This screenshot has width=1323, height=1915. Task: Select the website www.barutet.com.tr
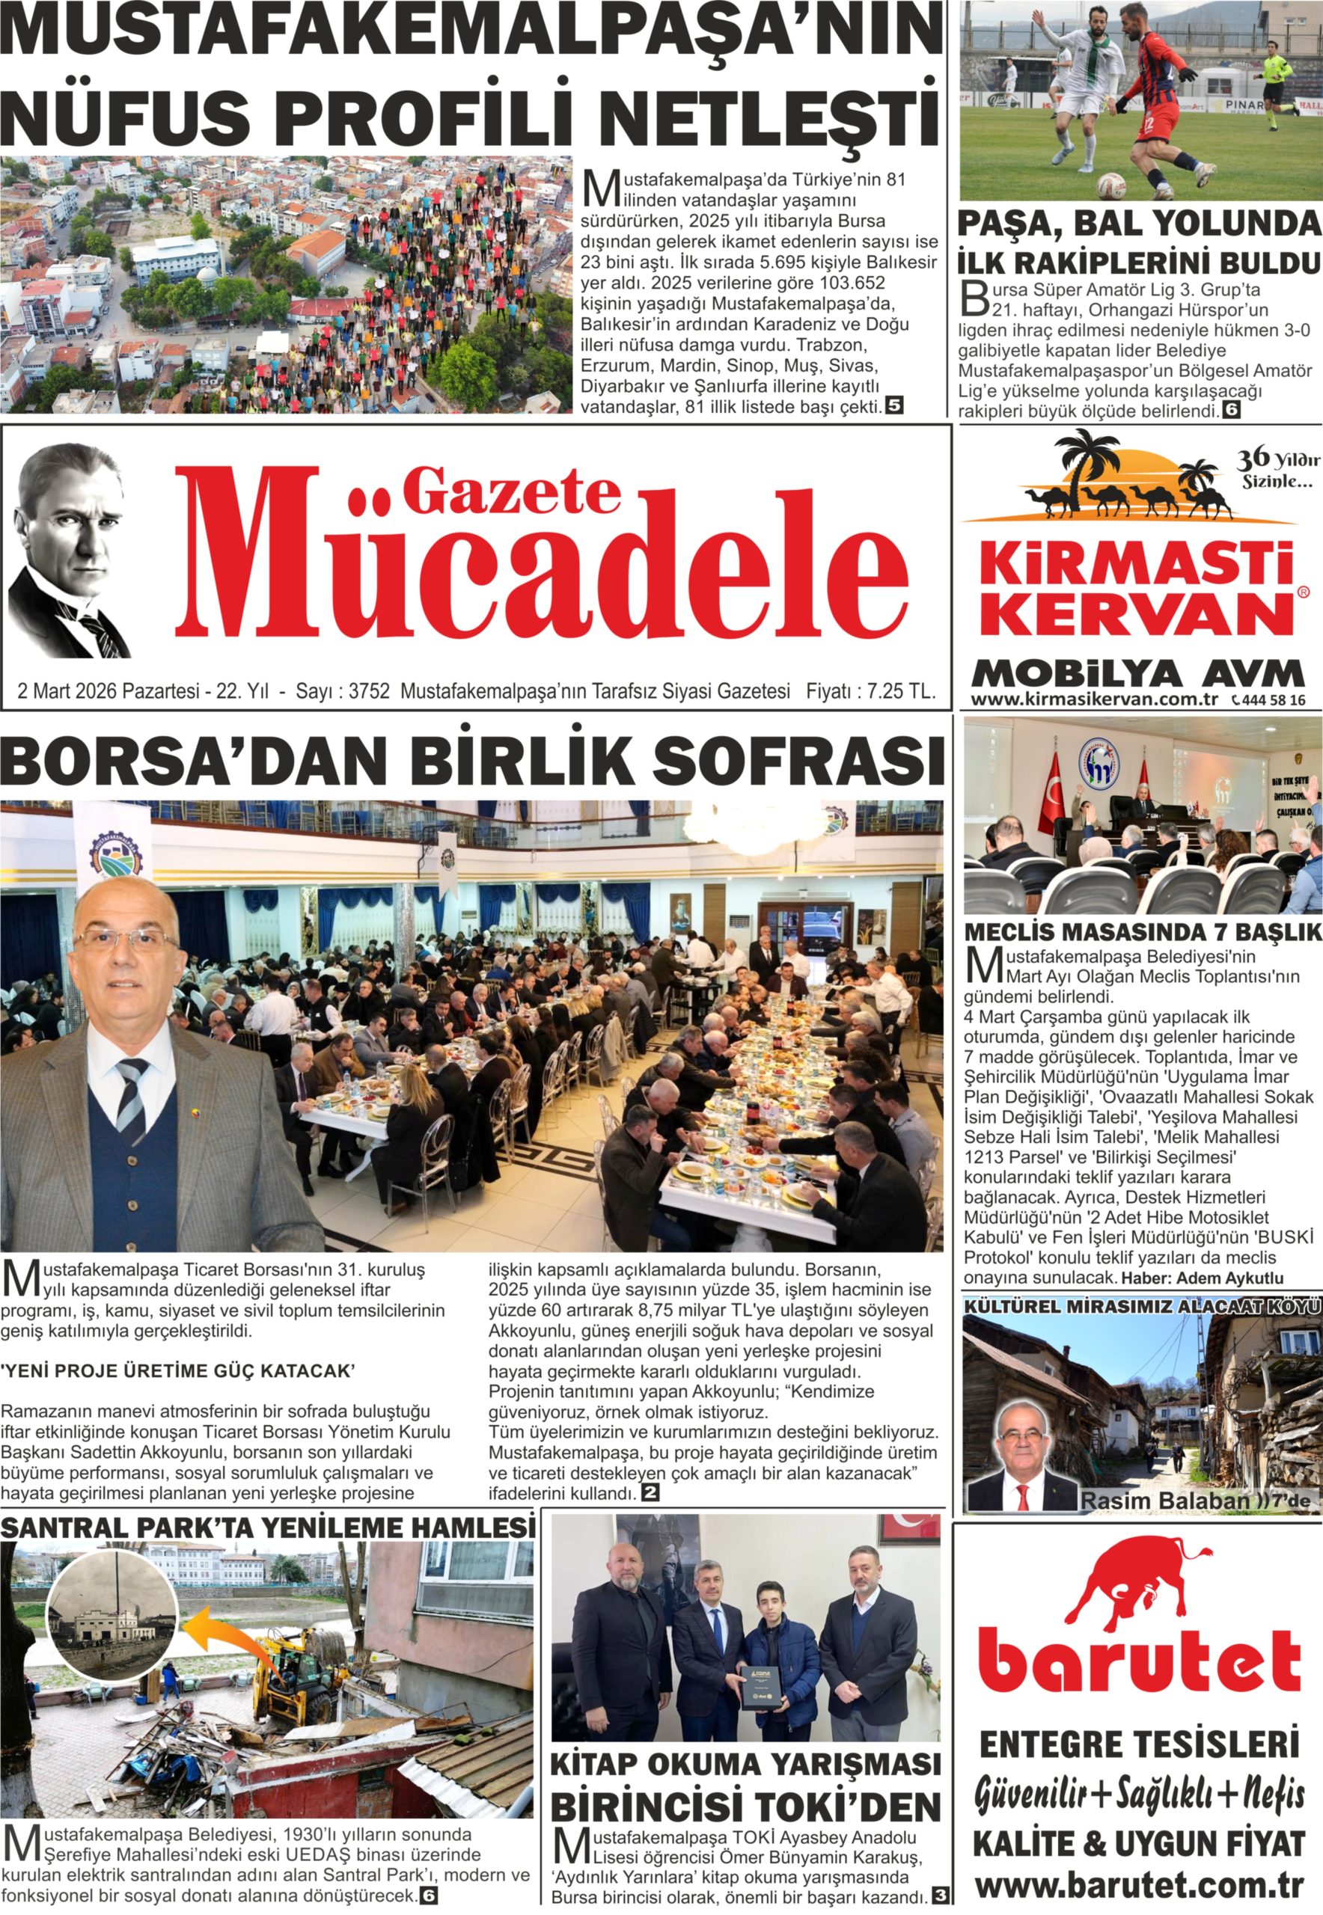pyautogui.click(x=1139, y=1885)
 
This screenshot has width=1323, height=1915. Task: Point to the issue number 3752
pyautogui.click(x=369, y=691)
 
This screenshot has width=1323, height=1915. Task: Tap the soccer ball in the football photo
pyautogui.click(x=1110, y=186)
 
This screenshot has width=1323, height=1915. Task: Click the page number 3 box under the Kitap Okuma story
pyautogui.click(x=940, y=1895)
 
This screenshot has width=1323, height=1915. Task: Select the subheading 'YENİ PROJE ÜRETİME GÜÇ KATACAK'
pyautogui.click(x=177, y=1370)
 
